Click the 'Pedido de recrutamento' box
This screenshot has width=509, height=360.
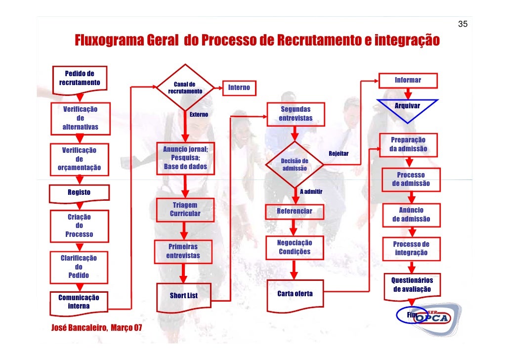[x=80, y=78]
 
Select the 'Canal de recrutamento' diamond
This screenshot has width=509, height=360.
[x=185, y=88]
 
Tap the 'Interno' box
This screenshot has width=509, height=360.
[x=239, y=88]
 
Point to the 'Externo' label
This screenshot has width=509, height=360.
[x=199, y=115]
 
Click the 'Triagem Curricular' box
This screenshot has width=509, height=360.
[x=185, y=210]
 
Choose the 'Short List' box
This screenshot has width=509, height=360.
[x=184, y=296]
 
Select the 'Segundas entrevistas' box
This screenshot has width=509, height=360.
[x=296, y=114]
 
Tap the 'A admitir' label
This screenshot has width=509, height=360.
[x=311, y=191]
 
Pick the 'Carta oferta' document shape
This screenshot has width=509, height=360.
[x=295, y=295]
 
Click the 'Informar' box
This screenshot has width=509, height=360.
[x=408, y=80]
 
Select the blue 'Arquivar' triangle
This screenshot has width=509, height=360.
[x=408, y=108]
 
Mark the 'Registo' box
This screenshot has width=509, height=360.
[x=79, y=193]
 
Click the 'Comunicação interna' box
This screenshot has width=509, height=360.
[x=79, y=302]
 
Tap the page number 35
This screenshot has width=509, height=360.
[x=463, y=24]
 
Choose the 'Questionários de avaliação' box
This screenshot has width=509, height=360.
[x=412, y=284]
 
